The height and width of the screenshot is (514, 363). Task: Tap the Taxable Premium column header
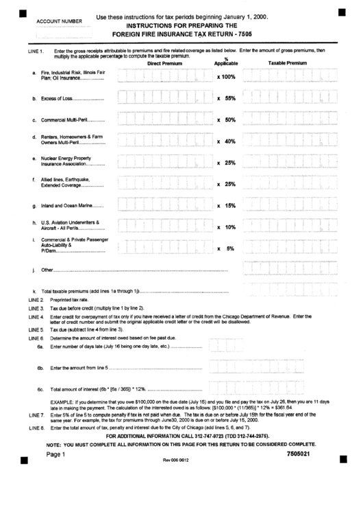tap(288, 62)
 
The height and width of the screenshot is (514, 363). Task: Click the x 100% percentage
tap(226, 77)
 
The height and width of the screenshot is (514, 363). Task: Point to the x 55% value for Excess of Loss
tap(226, 98)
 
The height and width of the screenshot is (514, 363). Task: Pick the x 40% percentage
tap(226, 141)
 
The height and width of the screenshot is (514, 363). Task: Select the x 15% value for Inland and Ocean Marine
tap(226, 205)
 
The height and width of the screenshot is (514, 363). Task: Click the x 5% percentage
tap(226, 248)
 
